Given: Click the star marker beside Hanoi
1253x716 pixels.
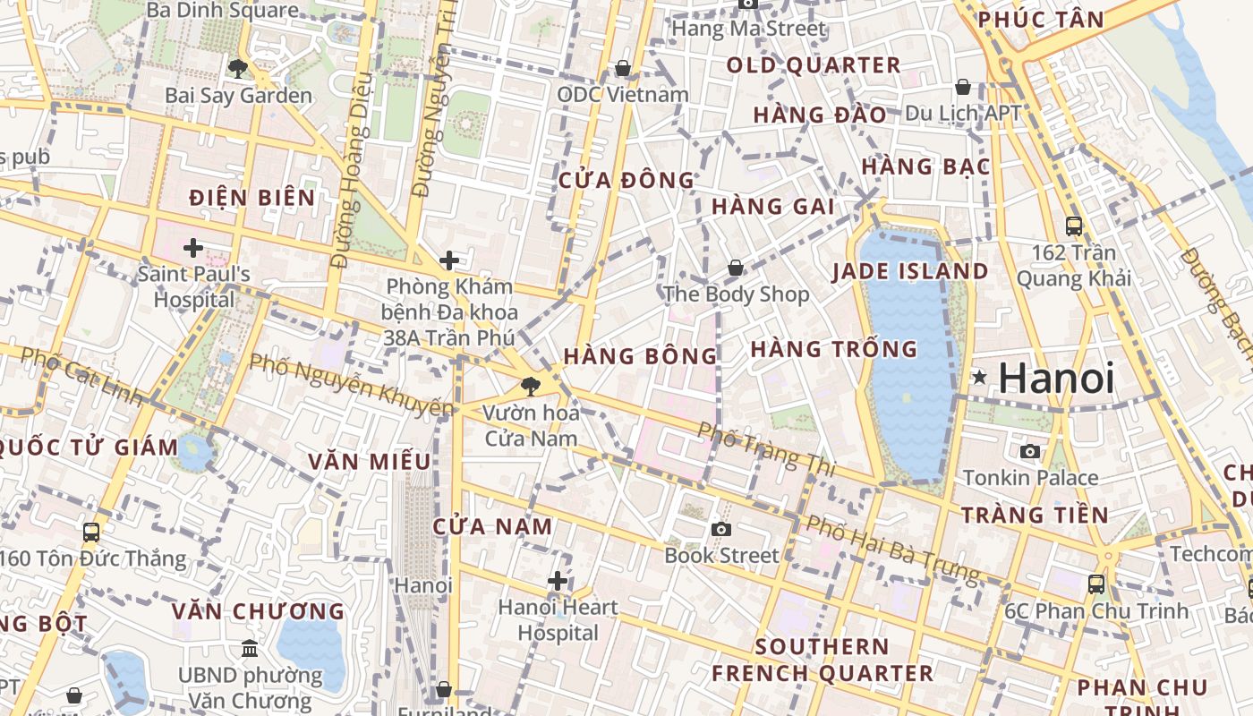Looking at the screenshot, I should click(980, 378).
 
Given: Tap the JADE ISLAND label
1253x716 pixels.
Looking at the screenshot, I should click(910, 272).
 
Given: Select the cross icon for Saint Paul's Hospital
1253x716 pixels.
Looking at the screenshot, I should click(192, 248).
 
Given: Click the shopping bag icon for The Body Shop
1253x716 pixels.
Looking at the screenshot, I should click(735, 268).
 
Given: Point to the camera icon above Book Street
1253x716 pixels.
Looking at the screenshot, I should click(720, 529).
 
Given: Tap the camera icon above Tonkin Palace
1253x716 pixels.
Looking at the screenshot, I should click(1030, 451).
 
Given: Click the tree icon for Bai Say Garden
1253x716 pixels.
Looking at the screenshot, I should click(237, 68).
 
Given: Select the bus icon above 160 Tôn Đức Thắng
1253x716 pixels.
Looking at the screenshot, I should click(91, 533).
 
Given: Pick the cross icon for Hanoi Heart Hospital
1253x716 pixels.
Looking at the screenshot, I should click(558, 581).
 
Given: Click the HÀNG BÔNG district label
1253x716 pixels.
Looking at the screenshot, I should click(640, 356).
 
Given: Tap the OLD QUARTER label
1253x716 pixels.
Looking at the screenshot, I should click(814, 65).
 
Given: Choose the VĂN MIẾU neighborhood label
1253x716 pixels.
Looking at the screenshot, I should click(370, 462).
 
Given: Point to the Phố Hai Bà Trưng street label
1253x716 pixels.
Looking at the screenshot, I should click(892, 547).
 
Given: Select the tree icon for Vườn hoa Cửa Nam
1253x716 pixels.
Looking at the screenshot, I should click(531, 387).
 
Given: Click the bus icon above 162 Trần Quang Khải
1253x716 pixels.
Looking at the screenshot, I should click(1073, 226).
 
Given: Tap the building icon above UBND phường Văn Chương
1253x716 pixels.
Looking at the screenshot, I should click(250, 647).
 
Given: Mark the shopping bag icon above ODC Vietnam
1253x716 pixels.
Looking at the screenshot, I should click(623, 68).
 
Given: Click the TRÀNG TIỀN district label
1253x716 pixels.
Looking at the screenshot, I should click(1035, 515).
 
